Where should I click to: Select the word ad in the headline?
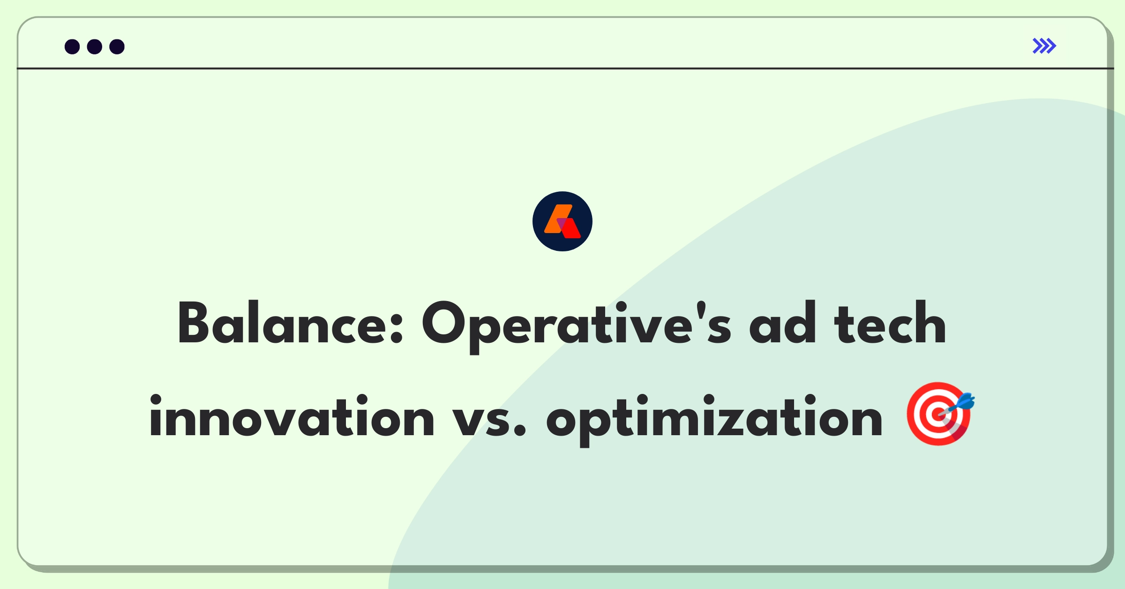click(782, 323)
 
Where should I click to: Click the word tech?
click(890, 323)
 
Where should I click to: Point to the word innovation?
click(292, 416)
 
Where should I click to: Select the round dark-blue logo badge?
click(562, 221)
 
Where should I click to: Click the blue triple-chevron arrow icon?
click(1044, 46)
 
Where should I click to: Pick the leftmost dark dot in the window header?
click(72, 46)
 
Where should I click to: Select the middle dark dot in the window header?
click(95, 46)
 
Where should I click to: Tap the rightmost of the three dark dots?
click(117, 46)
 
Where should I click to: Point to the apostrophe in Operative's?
click(701, 310)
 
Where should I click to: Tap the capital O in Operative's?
click(443, 323)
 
